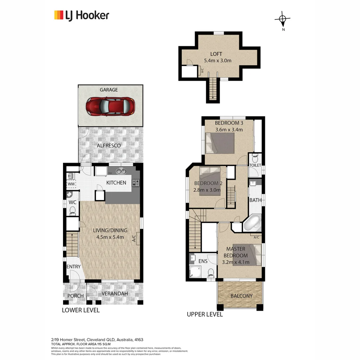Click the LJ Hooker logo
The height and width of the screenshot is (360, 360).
[x=82, y=15]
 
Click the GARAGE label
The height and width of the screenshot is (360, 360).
[x=109, y=90]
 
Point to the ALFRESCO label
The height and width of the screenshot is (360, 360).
[x=109, y=146]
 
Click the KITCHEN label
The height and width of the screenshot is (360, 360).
[x=116, y=183]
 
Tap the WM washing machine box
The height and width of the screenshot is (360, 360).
[x=71, y=184]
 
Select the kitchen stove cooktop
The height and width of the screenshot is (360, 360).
[x=136, y=183]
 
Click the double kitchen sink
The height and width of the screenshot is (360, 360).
[x=120, y=171]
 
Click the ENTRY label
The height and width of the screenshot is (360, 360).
[x=73, y=267]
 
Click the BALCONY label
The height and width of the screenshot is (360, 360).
[x=241, y=296]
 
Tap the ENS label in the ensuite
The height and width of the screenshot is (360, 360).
[x=203, y=261]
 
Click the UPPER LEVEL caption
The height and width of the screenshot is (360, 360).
[x=205, y=314]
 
